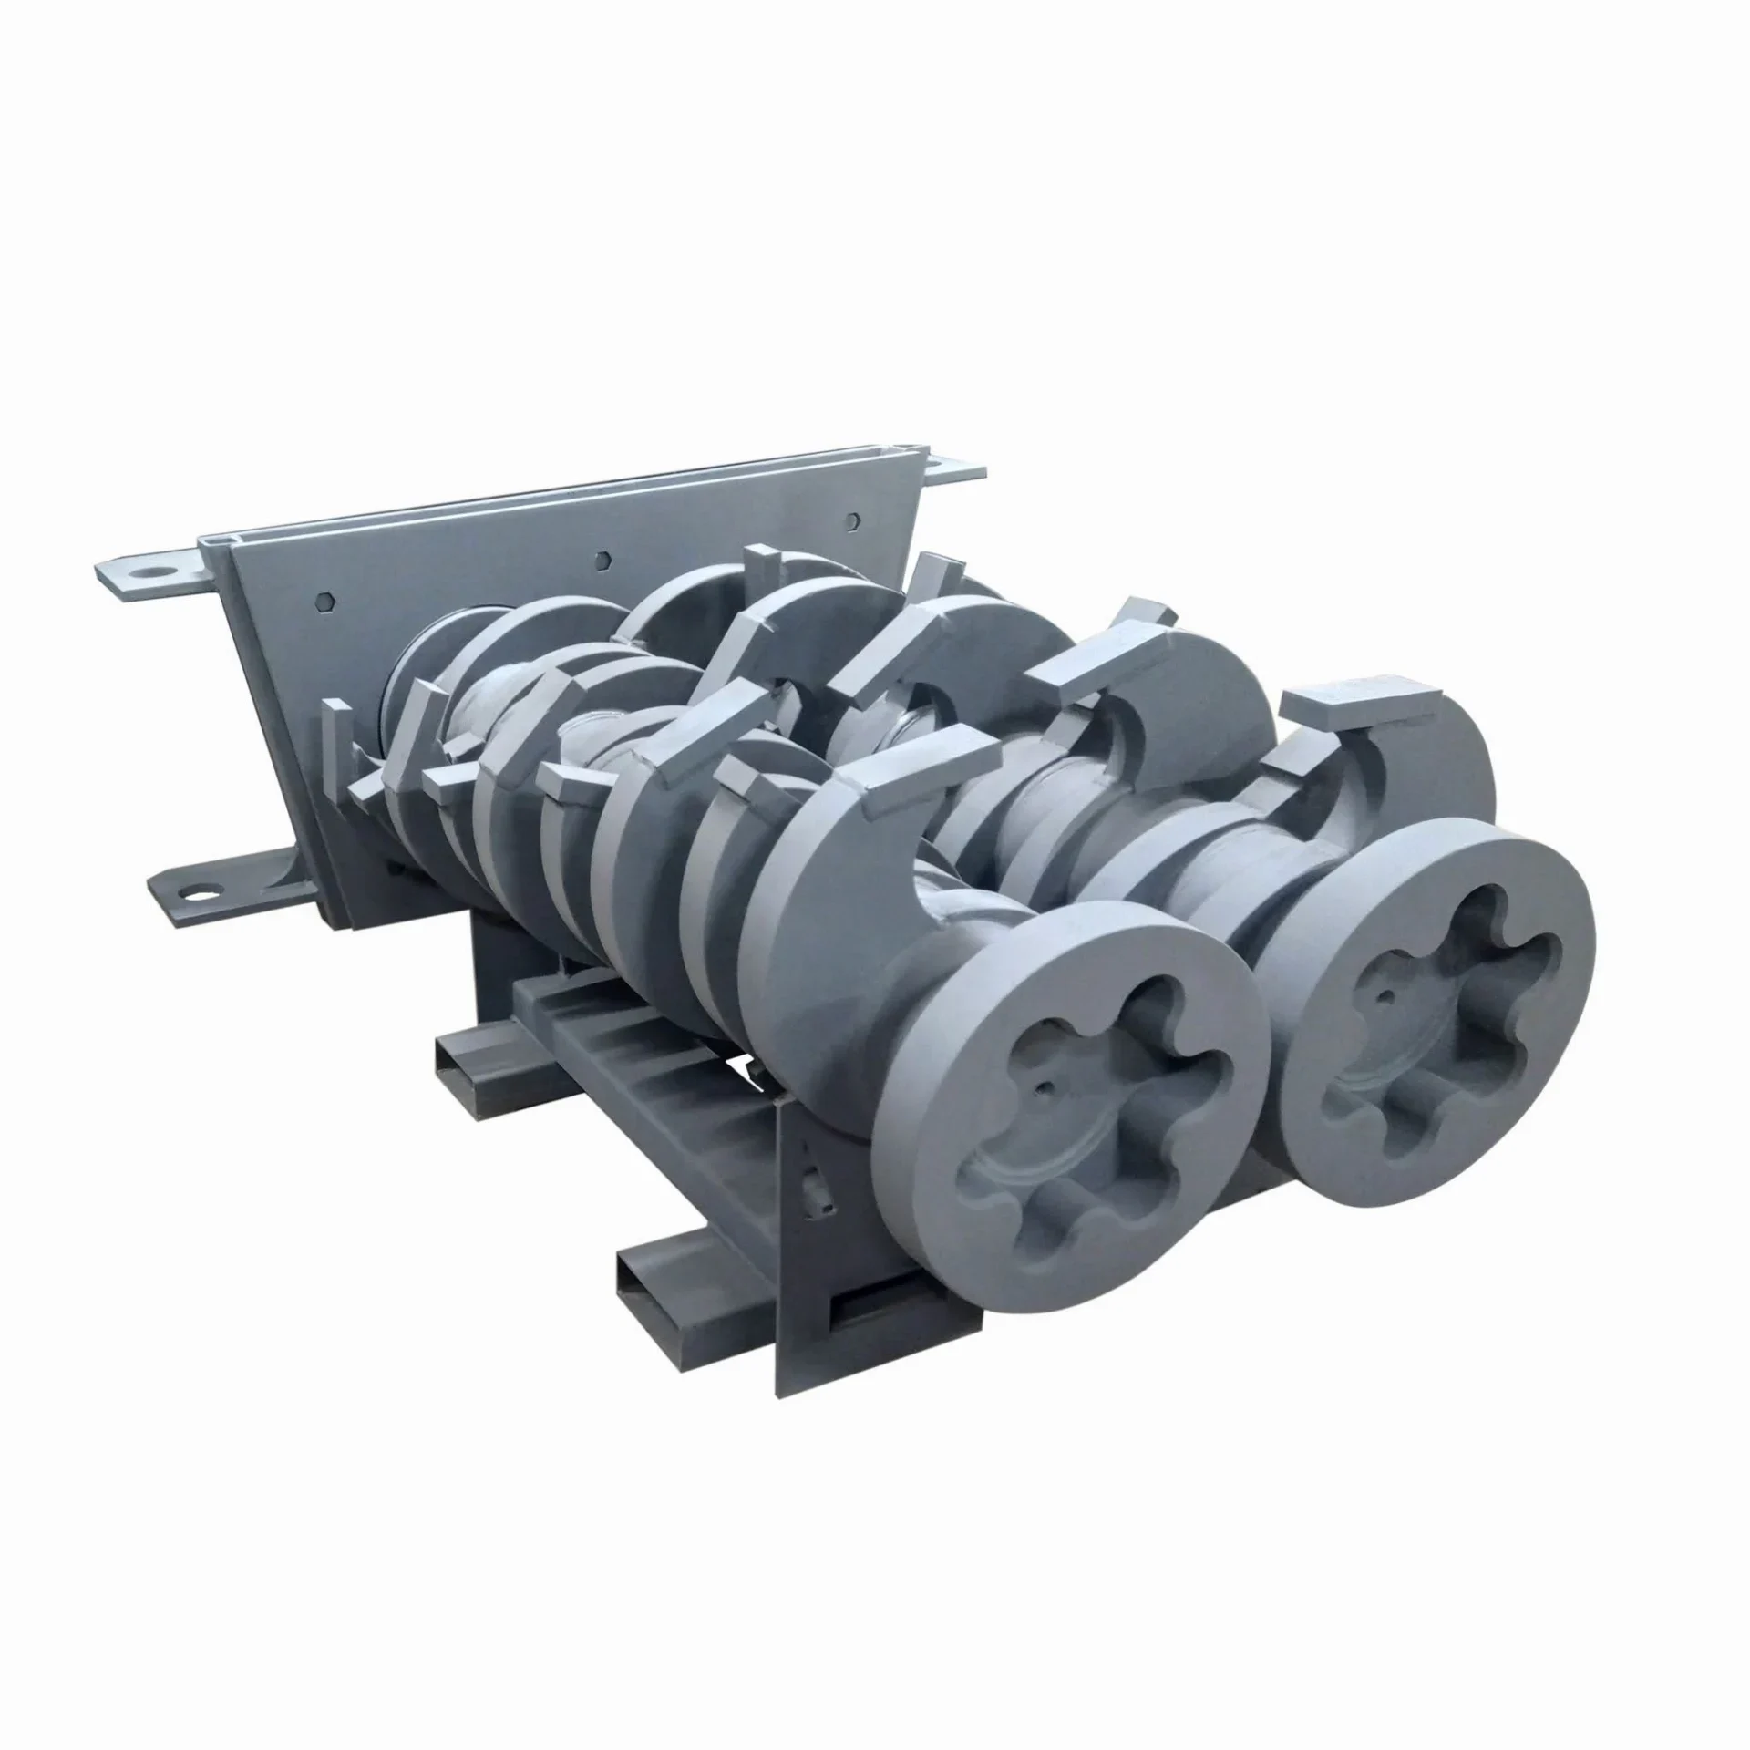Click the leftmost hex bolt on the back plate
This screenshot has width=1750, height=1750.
pyautogui.click(x=330, y=602)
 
